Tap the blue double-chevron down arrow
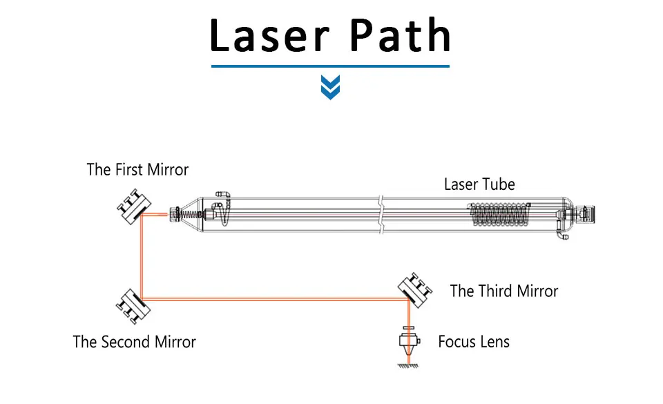pos(331,87)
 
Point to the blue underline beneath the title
pos(330,66)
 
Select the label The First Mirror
pos(137,169)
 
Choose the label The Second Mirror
pos(135,342)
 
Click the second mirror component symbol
pos(133,304)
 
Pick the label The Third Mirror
pos(504,291)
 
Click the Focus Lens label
pos(474,342)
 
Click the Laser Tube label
pos(479,184)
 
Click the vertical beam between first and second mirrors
pos(141,256)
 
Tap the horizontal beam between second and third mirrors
pos(276,299)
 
